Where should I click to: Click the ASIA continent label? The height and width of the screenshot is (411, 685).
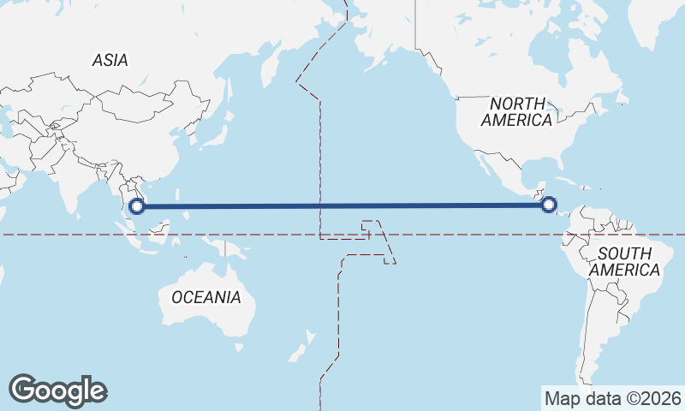(110, 60)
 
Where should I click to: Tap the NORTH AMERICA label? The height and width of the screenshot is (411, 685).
(515, 111)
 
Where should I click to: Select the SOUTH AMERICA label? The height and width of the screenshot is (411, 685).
(628, 261)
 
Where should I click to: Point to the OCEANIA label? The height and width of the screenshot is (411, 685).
(205, 298)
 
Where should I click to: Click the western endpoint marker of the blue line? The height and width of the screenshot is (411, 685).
(136, 205)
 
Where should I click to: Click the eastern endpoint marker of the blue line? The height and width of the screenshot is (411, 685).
(549, 205)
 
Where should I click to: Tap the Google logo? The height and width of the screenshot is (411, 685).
(57, 390)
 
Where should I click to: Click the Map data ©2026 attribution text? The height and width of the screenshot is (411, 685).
(612, 398)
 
